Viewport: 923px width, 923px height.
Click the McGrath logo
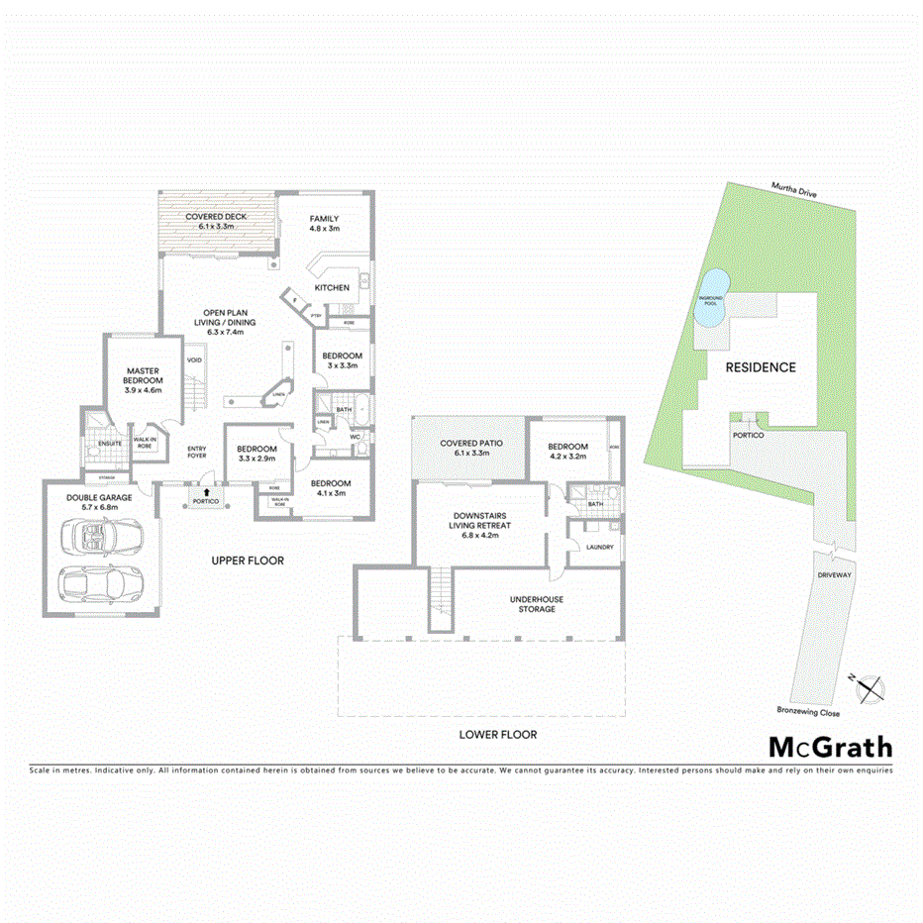(830, 748)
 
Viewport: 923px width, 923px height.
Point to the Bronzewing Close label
(808, 712)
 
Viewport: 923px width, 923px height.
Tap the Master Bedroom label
(143, 379)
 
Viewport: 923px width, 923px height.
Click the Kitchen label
(332, 287)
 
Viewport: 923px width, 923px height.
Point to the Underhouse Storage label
(537, 604)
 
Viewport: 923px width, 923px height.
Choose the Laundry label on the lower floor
(599, 547)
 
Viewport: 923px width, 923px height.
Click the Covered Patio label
(471, 448)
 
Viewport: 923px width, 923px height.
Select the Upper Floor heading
(248, 561)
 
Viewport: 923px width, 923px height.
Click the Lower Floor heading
(497, 735)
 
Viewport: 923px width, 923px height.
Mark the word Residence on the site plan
(761, 366)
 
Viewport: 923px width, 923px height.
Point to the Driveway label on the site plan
(833, 573)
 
